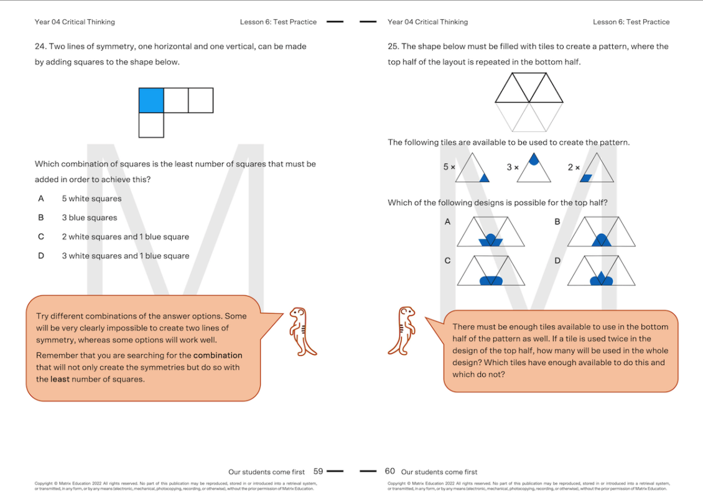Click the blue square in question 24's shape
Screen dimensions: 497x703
pyautogui.click(x=151, y=100)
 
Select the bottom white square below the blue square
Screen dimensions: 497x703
pyautogui.click(x=151, y=125)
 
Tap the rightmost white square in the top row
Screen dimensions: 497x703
pyautogui.click(x=200, y=100)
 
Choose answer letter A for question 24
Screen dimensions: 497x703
pyautogui.click(x=41, y=198)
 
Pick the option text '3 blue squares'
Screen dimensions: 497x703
pyautogui.click(x=89, y=218)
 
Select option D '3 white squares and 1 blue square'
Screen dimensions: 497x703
pyautogui.click(x=125, y=256)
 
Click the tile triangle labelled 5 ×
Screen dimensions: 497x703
pyautogui.click(x=472, y=169)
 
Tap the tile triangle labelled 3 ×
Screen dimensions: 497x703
pyautogui.click(x=534, y=169)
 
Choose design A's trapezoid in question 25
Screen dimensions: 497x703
pyautogui.click(x=490, y=232)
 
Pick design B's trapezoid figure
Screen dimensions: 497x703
pyautogui.click(x=601, y=232)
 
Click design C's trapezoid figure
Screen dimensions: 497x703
pyautogui.click(x=490, y=271)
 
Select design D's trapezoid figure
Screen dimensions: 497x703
pyautogui.click(x=601, y=271)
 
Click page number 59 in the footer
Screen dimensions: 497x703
pyautogui.click(x=318, y=471)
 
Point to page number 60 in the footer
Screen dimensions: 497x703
pyautogui.click(x=390, y=471)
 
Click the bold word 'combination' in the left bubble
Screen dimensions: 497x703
pyautogui.click(x=218, y=355)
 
